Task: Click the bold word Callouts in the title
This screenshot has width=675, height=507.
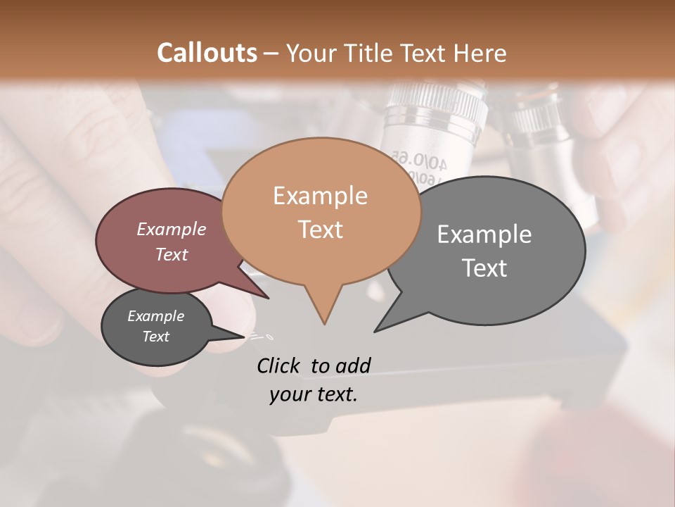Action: [207, 53]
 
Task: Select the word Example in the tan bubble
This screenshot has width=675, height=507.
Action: [320, 196]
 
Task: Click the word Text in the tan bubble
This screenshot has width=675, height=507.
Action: [320, 230]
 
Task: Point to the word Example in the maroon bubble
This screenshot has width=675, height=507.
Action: [171, 229]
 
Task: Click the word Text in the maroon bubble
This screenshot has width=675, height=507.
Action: [171, 254]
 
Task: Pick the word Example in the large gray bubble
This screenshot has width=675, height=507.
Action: [484, 234]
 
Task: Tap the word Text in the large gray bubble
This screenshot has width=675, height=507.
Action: [484, 268]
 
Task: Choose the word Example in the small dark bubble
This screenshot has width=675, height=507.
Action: [155, 316]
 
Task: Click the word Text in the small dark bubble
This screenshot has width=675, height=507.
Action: [155, 337]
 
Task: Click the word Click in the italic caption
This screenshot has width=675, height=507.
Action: [279, 365]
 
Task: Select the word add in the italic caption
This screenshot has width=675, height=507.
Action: [353, 365]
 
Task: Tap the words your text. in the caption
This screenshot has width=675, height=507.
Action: [313, 394]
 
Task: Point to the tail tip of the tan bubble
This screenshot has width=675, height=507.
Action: [324, 324]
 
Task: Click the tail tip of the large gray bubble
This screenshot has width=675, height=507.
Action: [375, 331]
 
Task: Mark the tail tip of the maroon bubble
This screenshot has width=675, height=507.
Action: [268, 298]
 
